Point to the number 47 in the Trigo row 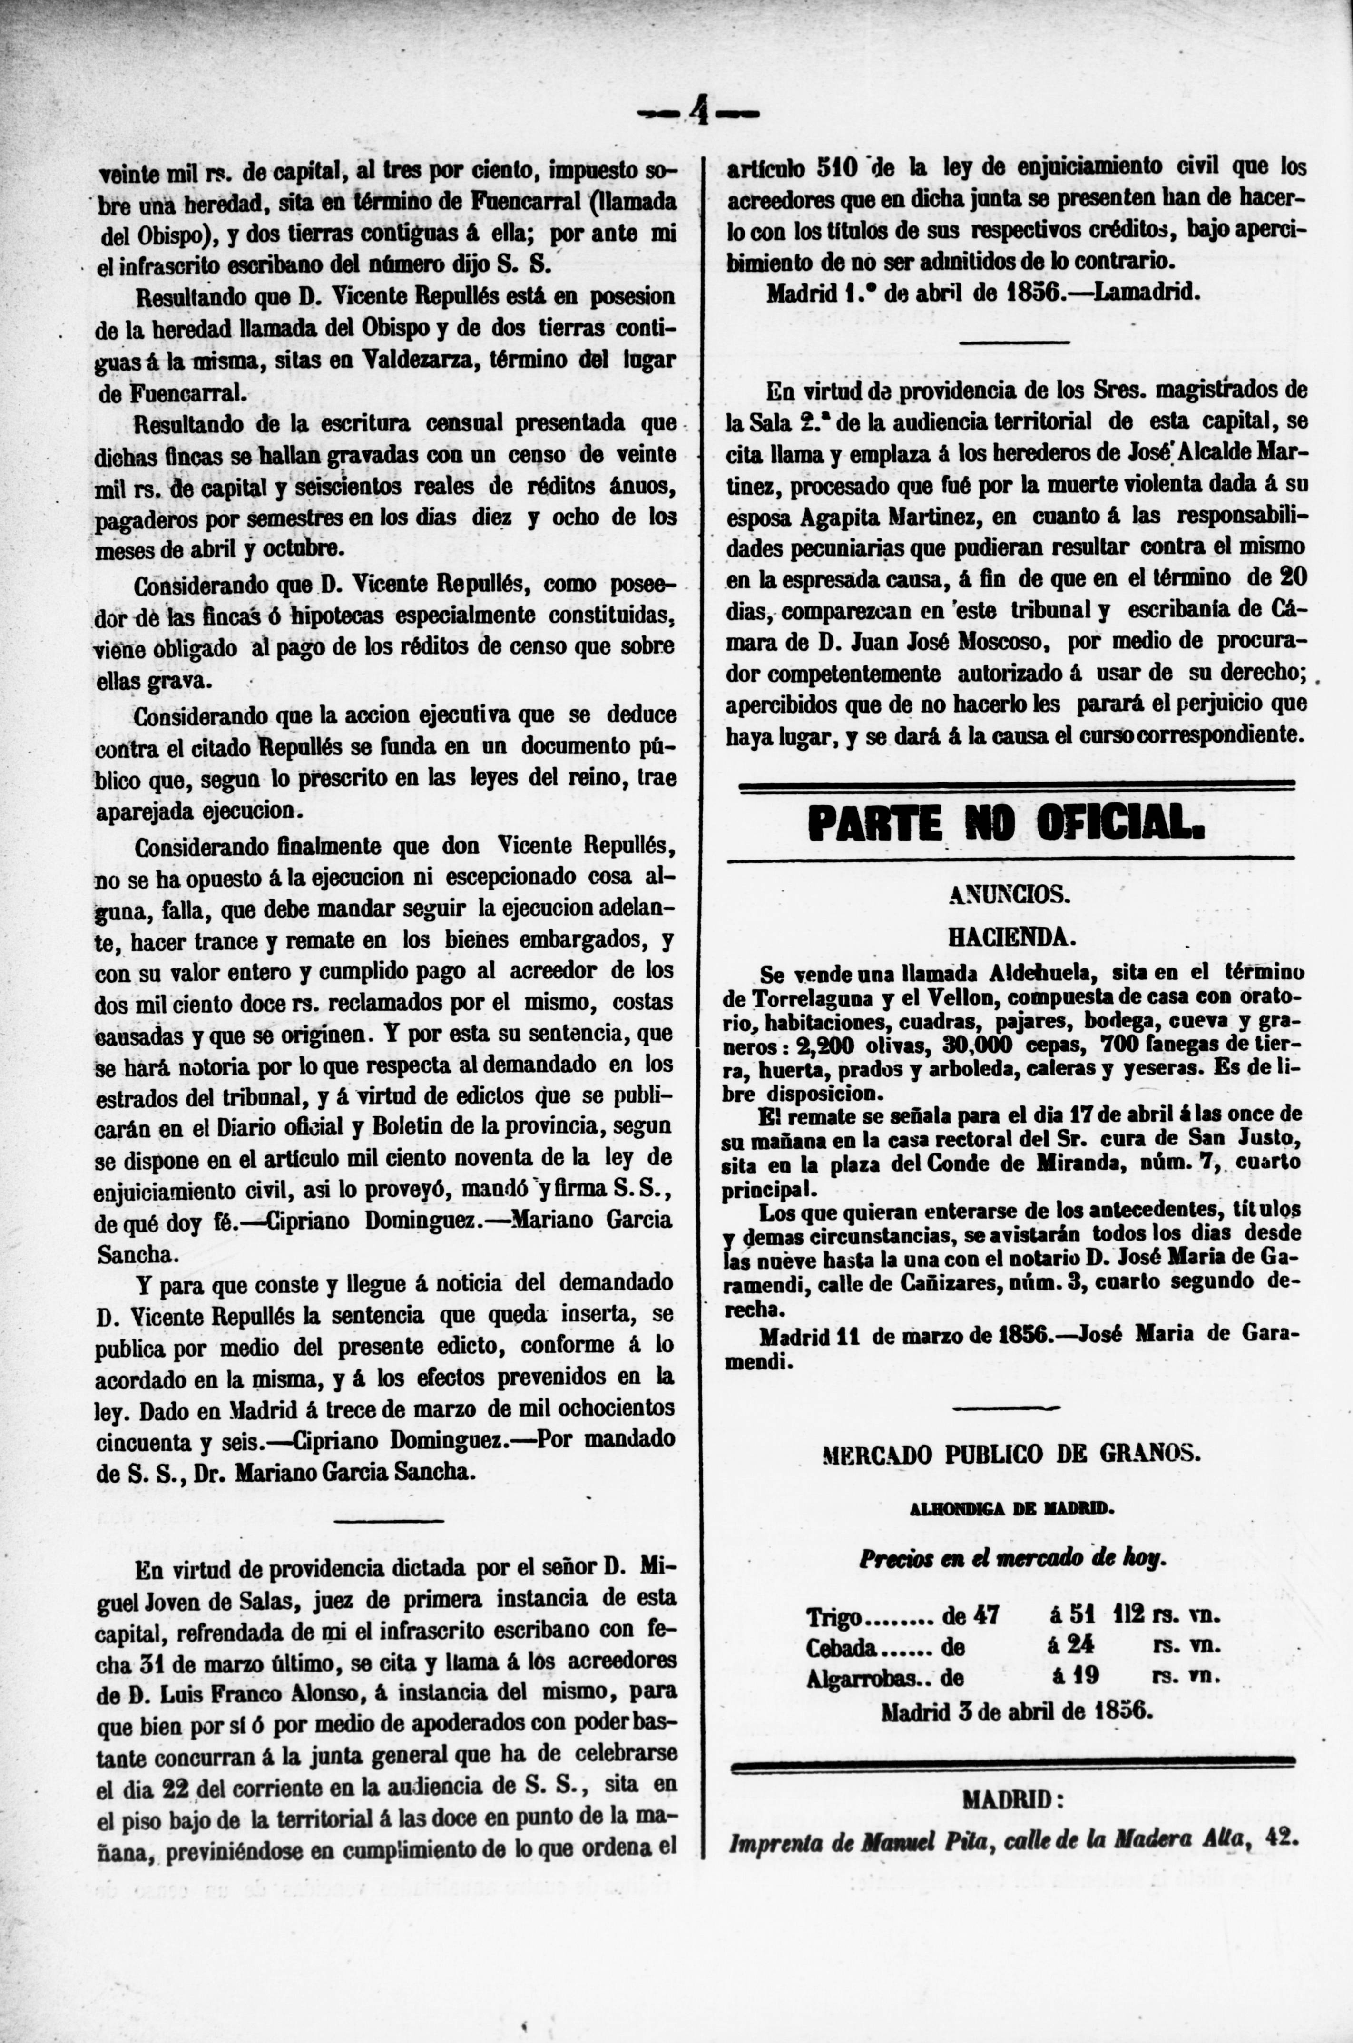tap(985, 1614)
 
